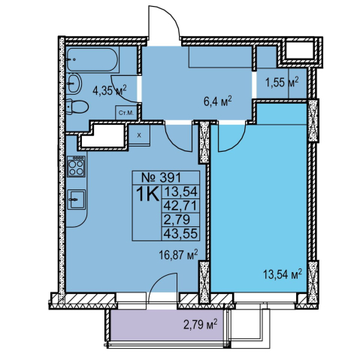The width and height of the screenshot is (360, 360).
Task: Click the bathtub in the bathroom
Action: pos(92,59)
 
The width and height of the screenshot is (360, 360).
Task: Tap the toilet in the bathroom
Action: pos(77,107)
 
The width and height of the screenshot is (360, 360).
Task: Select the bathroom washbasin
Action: pos(74,83)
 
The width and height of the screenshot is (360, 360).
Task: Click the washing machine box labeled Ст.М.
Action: pos(126,113)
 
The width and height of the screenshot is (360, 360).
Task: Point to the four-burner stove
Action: pos(76,166)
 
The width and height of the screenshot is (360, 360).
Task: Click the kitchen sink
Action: pos(77,199)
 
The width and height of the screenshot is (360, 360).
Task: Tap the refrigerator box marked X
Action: pos(139,135)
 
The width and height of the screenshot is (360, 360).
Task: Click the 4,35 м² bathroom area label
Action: pos(110,90)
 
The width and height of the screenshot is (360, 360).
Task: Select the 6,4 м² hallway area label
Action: pos(218,102)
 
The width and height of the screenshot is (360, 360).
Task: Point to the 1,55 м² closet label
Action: pos(282,82)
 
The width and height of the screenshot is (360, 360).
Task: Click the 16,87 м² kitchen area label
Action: pos(178,255)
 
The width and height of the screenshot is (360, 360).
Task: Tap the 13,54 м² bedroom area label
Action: pos(282,274)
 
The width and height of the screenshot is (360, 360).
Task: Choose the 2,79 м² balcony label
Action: pos(200,325)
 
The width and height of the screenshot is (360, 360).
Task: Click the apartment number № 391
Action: pos(161,177)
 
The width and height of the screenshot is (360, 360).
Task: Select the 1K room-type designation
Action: pos(147,195)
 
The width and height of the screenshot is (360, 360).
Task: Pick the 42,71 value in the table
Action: pos(180,206)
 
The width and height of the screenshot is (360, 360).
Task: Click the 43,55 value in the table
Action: pos(180,234)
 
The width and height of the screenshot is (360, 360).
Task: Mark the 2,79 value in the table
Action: pos(177,219)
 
